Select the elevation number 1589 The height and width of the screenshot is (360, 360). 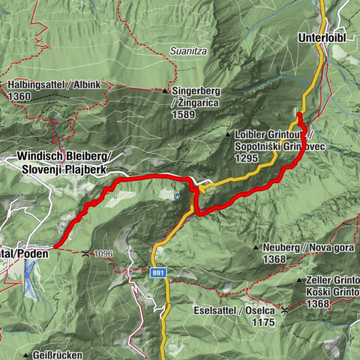(183, 115)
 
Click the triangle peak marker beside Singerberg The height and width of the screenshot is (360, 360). (165, 91)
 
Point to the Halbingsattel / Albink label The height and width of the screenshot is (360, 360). (54, 85)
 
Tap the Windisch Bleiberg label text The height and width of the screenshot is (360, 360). (64, 156)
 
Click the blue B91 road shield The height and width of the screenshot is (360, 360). (156, 273)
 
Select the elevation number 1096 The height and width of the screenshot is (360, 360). (103, 253)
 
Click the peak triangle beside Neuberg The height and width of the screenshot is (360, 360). (256, 247)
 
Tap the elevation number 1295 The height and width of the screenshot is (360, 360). (245, 159)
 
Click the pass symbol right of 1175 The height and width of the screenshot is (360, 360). (285, 308)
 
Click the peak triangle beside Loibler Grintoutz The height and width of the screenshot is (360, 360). (228, 134)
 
